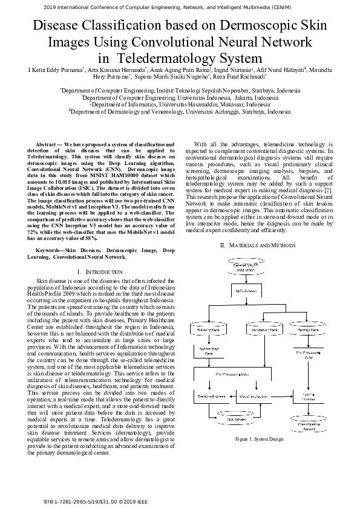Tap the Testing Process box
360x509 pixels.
309,396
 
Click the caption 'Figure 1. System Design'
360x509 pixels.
250,438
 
